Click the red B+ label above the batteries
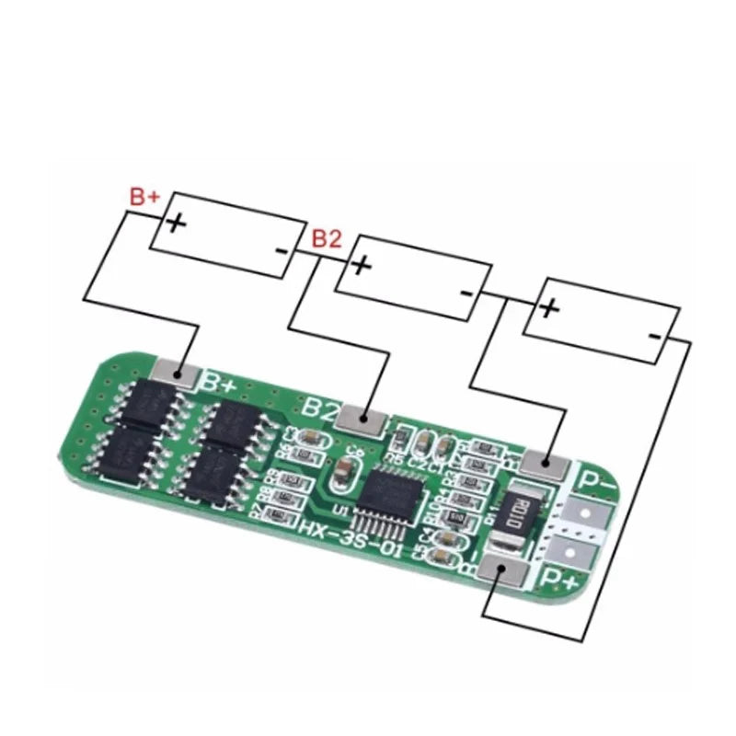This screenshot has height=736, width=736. pos(144,196)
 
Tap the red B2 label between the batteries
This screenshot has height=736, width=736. pos(328,239)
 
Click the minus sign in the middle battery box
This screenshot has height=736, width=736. pos(466,293)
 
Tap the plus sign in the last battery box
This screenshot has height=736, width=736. pos(549,307)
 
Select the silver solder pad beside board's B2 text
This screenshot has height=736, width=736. pos(363,420)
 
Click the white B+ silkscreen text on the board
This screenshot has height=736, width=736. pos(222,381)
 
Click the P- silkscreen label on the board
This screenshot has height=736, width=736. pos(596,477)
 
